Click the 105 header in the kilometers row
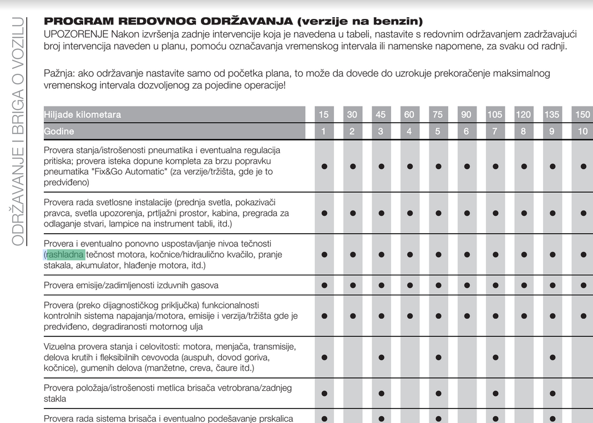[494, 114]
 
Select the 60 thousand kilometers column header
[409, 114]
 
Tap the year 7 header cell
[494, 132]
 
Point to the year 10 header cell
[582, 132]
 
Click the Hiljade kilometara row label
[83, 114]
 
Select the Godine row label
[59, 132]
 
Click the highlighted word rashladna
[65, 255]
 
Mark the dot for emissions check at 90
[467, 285]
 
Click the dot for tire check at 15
[324, 166]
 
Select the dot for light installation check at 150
[583, 213]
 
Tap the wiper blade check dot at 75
[438, 394]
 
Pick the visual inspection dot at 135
[553, 357]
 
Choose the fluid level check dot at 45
[381, 255]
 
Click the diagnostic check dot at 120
[523, 316]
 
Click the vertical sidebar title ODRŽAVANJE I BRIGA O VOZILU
[18, 132]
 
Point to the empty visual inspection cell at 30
[352, 357]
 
